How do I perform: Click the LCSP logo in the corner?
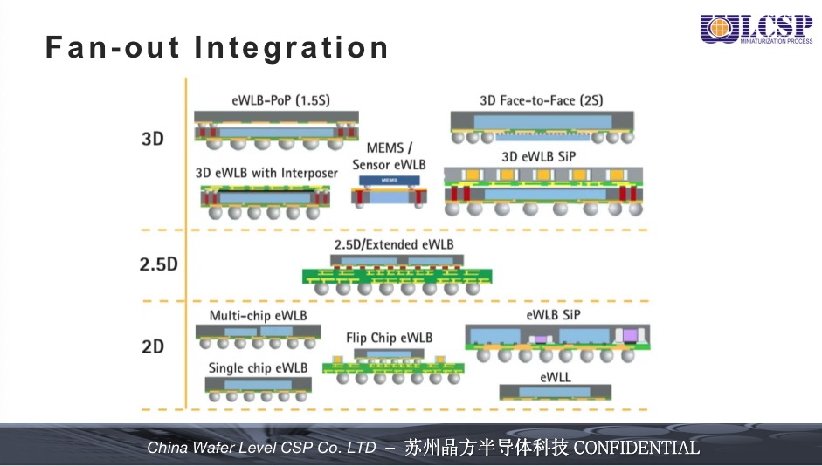[756, 29]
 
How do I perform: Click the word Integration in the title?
[292, 46]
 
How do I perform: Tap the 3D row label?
[153, 138]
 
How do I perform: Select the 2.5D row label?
[158, 264]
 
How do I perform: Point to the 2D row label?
[153, 346]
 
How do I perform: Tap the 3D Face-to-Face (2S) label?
[541, 100]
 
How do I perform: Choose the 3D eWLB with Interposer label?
[266, 173]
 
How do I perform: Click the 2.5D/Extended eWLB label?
[394, 244]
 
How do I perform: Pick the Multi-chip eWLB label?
[258, 315]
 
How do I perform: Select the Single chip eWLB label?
[258, 367]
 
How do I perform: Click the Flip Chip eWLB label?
[389, 338]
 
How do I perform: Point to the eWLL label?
[556, 375]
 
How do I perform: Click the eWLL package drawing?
[556, 393]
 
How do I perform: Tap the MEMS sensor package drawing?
[389, 191]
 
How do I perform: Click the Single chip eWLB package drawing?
[258, 387]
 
